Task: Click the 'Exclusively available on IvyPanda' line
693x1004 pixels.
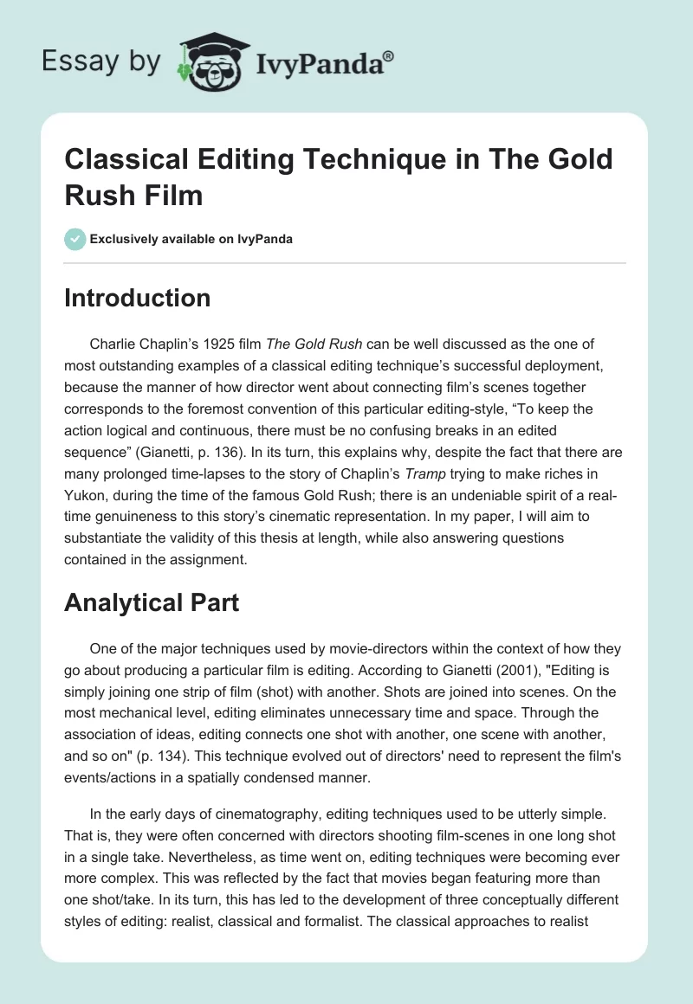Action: click(x=190, y=239)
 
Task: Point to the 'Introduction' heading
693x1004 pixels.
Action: click(x=137, y=298)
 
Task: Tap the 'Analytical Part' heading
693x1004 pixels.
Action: click(x=152, y=602)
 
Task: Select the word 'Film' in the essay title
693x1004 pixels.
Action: click(x=172, y=195)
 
